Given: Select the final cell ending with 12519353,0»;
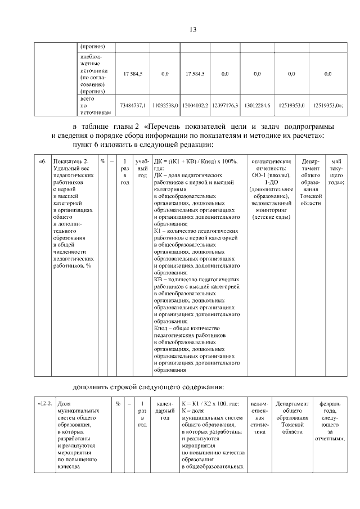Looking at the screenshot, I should [x=328, y=105].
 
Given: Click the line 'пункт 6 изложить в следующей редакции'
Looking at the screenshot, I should [x=139, y=146].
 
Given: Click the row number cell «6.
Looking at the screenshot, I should [x=42, y=162].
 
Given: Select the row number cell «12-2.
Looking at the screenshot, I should [x=45, y=404].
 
